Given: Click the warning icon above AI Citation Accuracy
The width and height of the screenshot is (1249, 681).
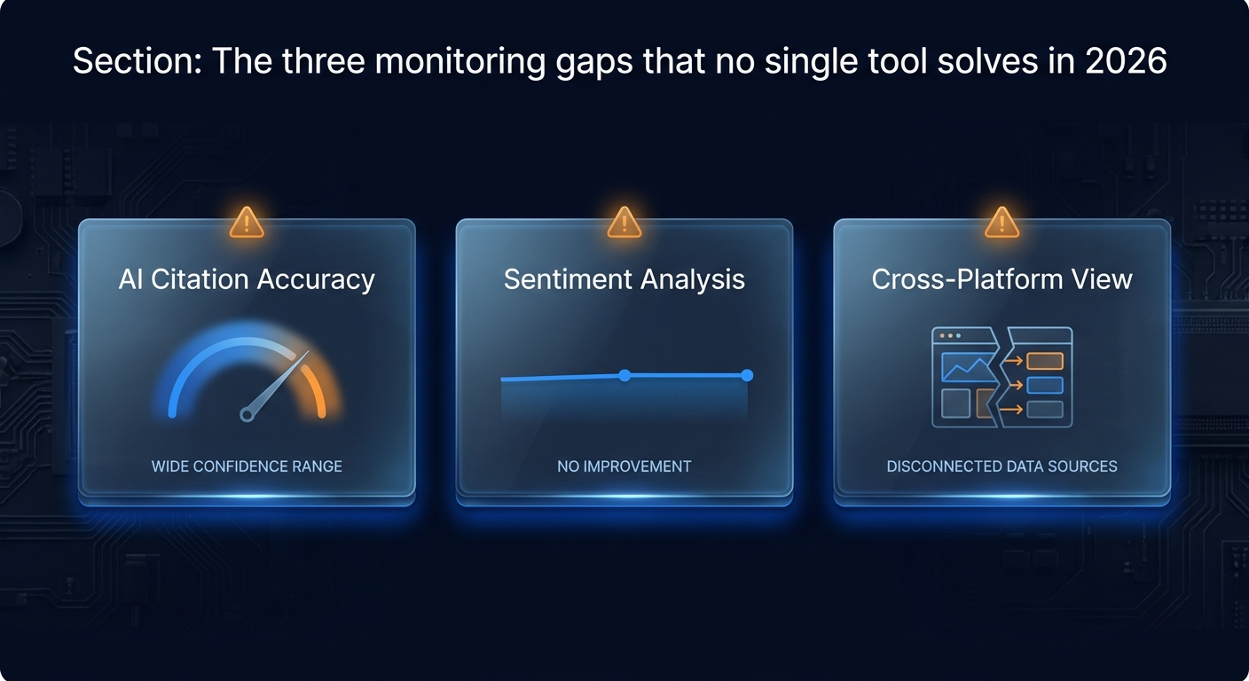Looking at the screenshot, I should [247, 222].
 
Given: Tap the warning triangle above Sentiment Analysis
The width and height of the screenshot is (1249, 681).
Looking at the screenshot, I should [624, 222].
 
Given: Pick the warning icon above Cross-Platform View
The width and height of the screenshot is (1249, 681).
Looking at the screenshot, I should [1002, 222].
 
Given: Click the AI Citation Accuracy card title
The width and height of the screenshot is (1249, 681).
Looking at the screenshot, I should [247, 279].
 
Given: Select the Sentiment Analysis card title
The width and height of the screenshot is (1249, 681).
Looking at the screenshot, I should [624, 279].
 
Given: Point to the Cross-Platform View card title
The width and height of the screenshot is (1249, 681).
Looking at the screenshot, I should [1002, 279].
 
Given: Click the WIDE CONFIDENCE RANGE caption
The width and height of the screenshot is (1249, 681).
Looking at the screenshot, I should [247, 466].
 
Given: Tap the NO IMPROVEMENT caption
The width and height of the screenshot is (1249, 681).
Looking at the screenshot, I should [624, 466].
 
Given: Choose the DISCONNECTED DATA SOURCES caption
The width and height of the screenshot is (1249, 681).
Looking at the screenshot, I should [1002, 466].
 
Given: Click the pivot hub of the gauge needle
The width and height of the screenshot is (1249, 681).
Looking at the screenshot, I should [248, 413].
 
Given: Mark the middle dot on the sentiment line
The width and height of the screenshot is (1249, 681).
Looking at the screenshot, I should [624, 376].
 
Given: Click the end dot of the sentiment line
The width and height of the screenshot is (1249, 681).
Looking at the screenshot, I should [747, 376].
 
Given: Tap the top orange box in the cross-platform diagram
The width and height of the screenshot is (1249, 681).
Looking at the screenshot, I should [1044, 361].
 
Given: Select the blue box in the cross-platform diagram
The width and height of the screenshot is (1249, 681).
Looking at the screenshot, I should [1044, 385].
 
